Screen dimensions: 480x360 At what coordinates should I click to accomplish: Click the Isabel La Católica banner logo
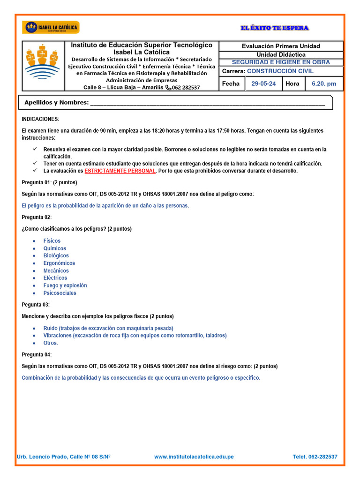(x=51, y=28)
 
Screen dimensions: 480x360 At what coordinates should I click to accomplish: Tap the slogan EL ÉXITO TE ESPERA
(x=275, y=28)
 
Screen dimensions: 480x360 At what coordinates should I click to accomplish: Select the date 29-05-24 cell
(x=263, y=84)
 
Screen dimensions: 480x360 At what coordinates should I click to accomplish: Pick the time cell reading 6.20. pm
(x=324, y=84)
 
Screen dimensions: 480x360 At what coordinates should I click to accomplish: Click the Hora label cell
(x=292, y=84)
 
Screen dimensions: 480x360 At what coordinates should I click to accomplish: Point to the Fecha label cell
(x=231, y=84)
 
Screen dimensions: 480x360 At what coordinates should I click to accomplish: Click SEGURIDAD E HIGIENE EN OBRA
(x=281, y=62)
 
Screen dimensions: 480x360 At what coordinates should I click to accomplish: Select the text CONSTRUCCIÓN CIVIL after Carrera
(x=280, y=71)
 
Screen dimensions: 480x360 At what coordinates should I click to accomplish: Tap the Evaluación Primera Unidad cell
(x=281, y=46)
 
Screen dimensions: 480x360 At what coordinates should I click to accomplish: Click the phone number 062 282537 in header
(x=186, y=87)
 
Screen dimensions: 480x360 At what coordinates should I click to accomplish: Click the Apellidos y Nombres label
(x=56, y=103)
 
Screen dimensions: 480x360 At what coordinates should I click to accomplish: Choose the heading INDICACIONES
(x=41, y=120)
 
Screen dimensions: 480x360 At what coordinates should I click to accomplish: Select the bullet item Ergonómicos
(x=59, y=263)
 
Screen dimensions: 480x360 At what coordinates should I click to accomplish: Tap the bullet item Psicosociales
(x=60, y=293)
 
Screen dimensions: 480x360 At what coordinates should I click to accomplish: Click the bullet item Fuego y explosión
(x=65, y=285)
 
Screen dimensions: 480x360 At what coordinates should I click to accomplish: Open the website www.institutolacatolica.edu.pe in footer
(x=194, y=457)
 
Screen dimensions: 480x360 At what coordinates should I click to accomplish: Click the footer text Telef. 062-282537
(x=315, y=457)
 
